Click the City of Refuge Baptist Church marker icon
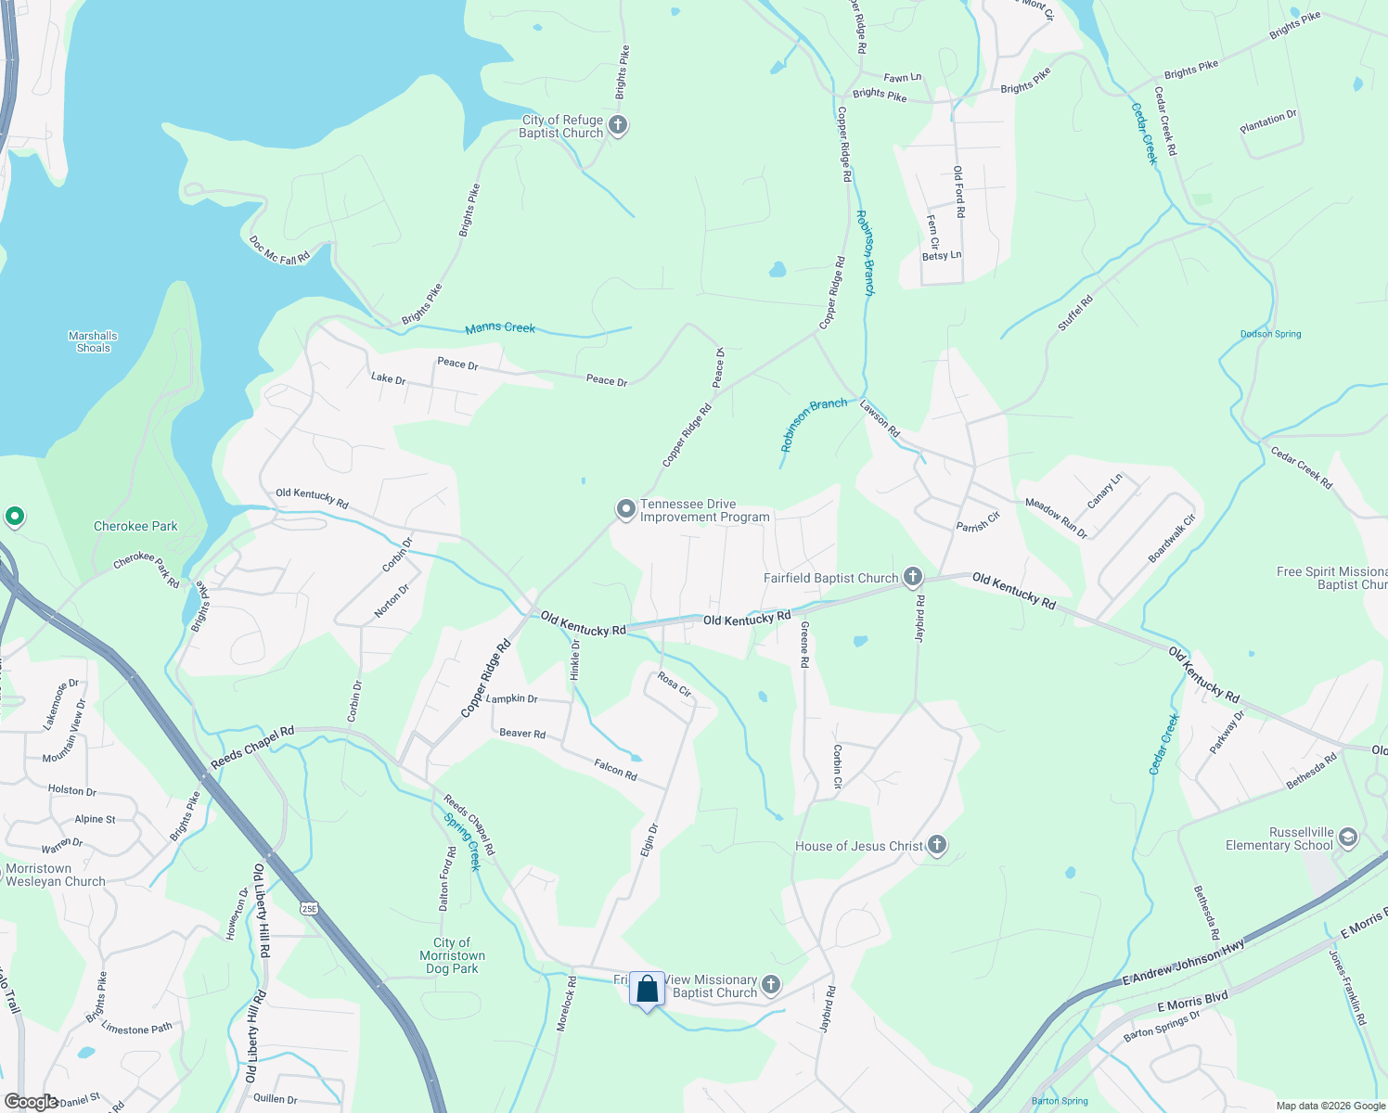(618, 125)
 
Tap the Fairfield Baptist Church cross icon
(913, 578)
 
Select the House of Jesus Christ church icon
(937, 845)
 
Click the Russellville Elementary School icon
(1347, 838)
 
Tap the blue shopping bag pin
(647, 990)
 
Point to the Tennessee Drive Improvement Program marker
(626, 509)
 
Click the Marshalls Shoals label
(93, 342)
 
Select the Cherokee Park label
(135, 526)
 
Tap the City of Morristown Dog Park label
(452, 955)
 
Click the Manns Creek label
(500, 327)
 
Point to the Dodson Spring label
(1270, 334)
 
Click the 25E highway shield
(309, 909)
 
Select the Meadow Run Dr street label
(1056, 518)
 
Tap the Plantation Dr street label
(1268, 122)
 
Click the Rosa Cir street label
(675, 684)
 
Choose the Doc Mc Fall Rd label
(279, 250)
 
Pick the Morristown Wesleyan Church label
(56, 875)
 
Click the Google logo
(31, 1102)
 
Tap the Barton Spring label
(1060, 1101)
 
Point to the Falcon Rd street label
(615, 769)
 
